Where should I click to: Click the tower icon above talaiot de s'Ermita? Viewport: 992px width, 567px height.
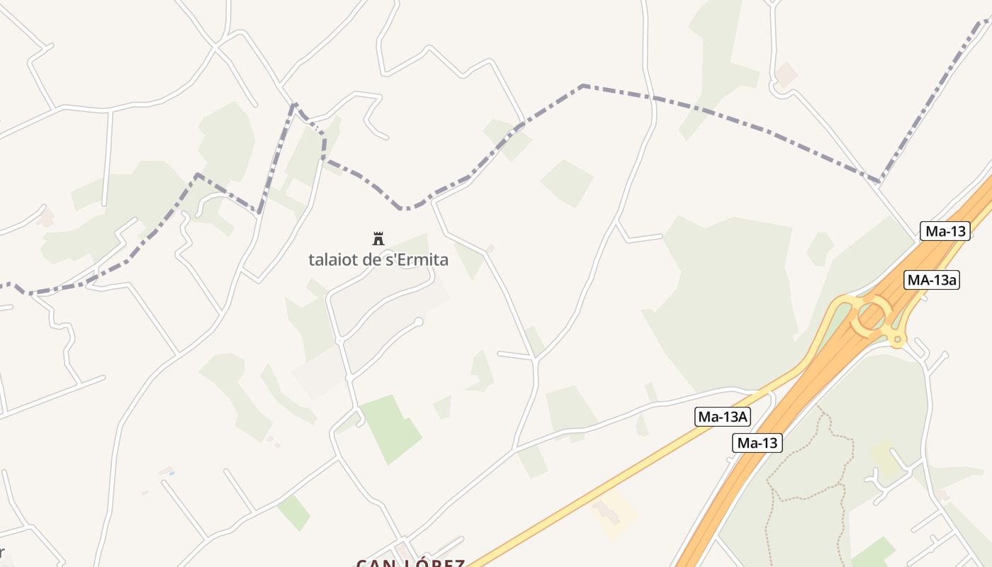click(x=378, y=238)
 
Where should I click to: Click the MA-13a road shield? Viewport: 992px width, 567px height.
click(x=932, y=280)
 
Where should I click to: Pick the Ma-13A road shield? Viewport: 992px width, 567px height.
click(x=722, y=417)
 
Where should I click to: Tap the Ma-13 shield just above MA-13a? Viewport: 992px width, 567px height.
click(x=945, y=231)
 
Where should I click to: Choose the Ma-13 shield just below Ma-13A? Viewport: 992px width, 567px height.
click(x=757, y=444)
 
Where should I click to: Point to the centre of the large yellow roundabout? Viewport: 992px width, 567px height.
click(x=872, y=316)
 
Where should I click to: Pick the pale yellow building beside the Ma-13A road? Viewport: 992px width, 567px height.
click(x=614, y=515)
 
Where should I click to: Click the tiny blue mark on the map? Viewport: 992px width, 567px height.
click(x=171, y=473)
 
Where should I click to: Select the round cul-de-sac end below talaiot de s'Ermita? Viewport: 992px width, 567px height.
click(x=419, y=322)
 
